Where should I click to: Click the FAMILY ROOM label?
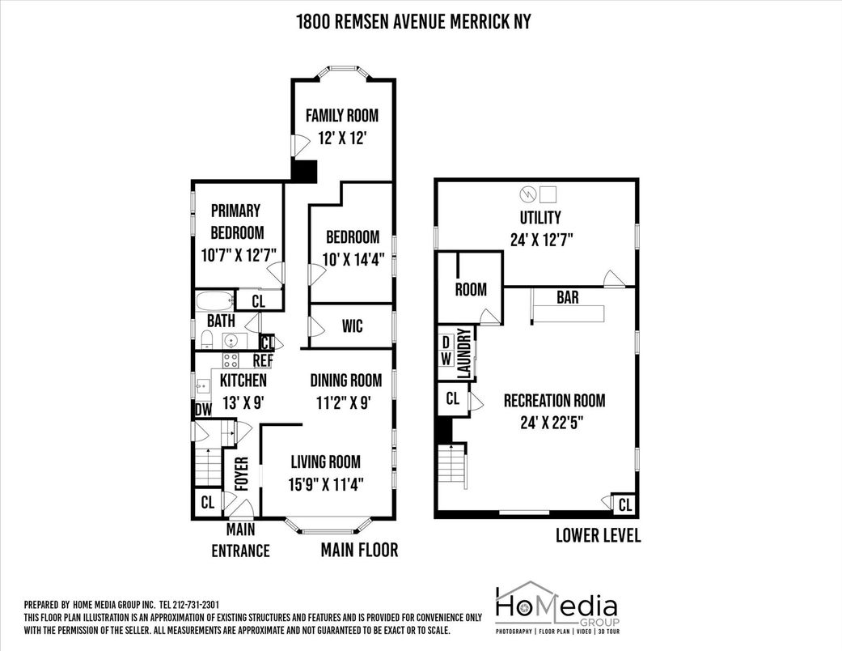pos(341,115)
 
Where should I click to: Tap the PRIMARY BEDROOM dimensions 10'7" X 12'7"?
pos(239,254)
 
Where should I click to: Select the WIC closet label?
pos(352,326)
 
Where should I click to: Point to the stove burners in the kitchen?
pos(231,361)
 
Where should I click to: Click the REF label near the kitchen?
pos(263,360)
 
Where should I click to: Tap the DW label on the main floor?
pos(203,410)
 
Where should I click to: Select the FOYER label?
pos(240,474)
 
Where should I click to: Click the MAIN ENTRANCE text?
pos(239,540)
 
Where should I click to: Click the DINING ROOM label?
pos(346,380)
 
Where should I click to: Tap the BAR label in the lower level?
pos(567,297)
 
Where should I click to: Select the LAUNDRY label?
pos(463,353)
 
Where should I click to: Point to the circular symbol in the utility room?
pos(527,194)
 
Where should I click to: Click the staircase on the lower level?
pos(453,466)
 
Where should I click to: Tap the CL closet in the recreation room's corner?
pos(624,505)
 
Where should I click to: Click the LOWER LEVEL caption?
pos(598,535)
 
